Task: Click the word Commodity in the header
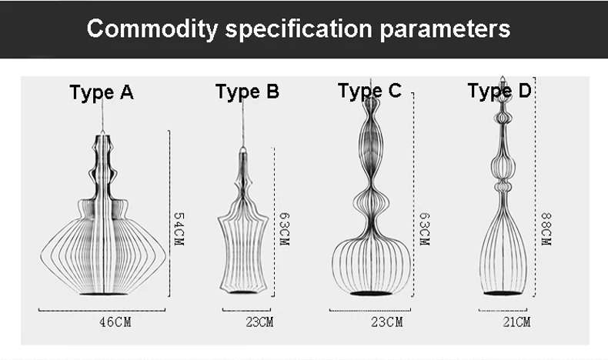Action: (x=152, y=29)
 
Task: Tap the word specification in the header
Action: (x=299, y=29)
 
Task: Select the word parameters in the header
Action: (x=445, y=29)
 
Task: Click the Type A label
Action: (x=102, y=92)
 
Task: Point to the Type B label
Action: (x=247, y=92)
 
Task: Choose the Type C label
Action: (x=370, y=91)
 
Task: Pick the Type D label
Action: (x=499, y=91)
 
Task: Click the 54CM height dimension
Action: (x=179, y=228)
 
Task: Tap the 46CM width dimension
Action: (x=115, y=322)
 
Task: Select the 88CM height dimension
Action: (x=546, y=228)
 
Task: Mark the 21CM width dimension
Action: (x=516, y=322)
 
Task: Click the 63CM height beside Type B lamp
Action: (x=284, y=228)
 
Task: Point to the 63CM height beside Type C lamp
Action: (x=425, y=228)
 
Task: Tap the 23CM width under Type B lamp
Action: (x=259, y=322)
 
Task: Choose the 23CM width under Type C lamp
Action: (x=387, y=322)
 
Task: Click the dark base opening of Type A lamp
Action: (x=104, y=294)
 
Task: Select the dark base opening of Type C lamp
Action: (x=371, y=293)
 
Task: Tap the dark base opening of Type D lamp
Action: (x=503, y=293)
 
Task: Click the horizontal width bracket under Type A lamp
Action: (x=102, y=310)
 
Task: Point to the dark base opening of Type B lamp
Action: (x=242, y=292)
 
